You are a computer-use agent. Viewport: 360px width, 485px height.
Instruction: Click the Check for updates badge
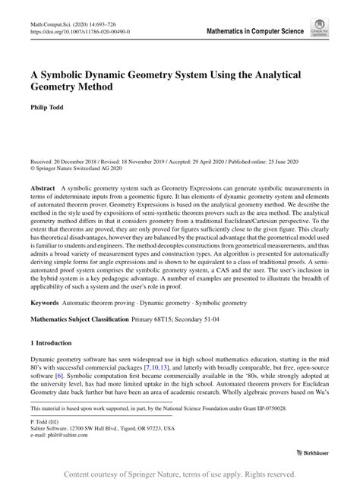click(x=319, y=29)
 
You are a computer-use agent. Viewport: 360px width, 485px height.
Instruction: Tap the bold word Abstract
click(x=42, y=187)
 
